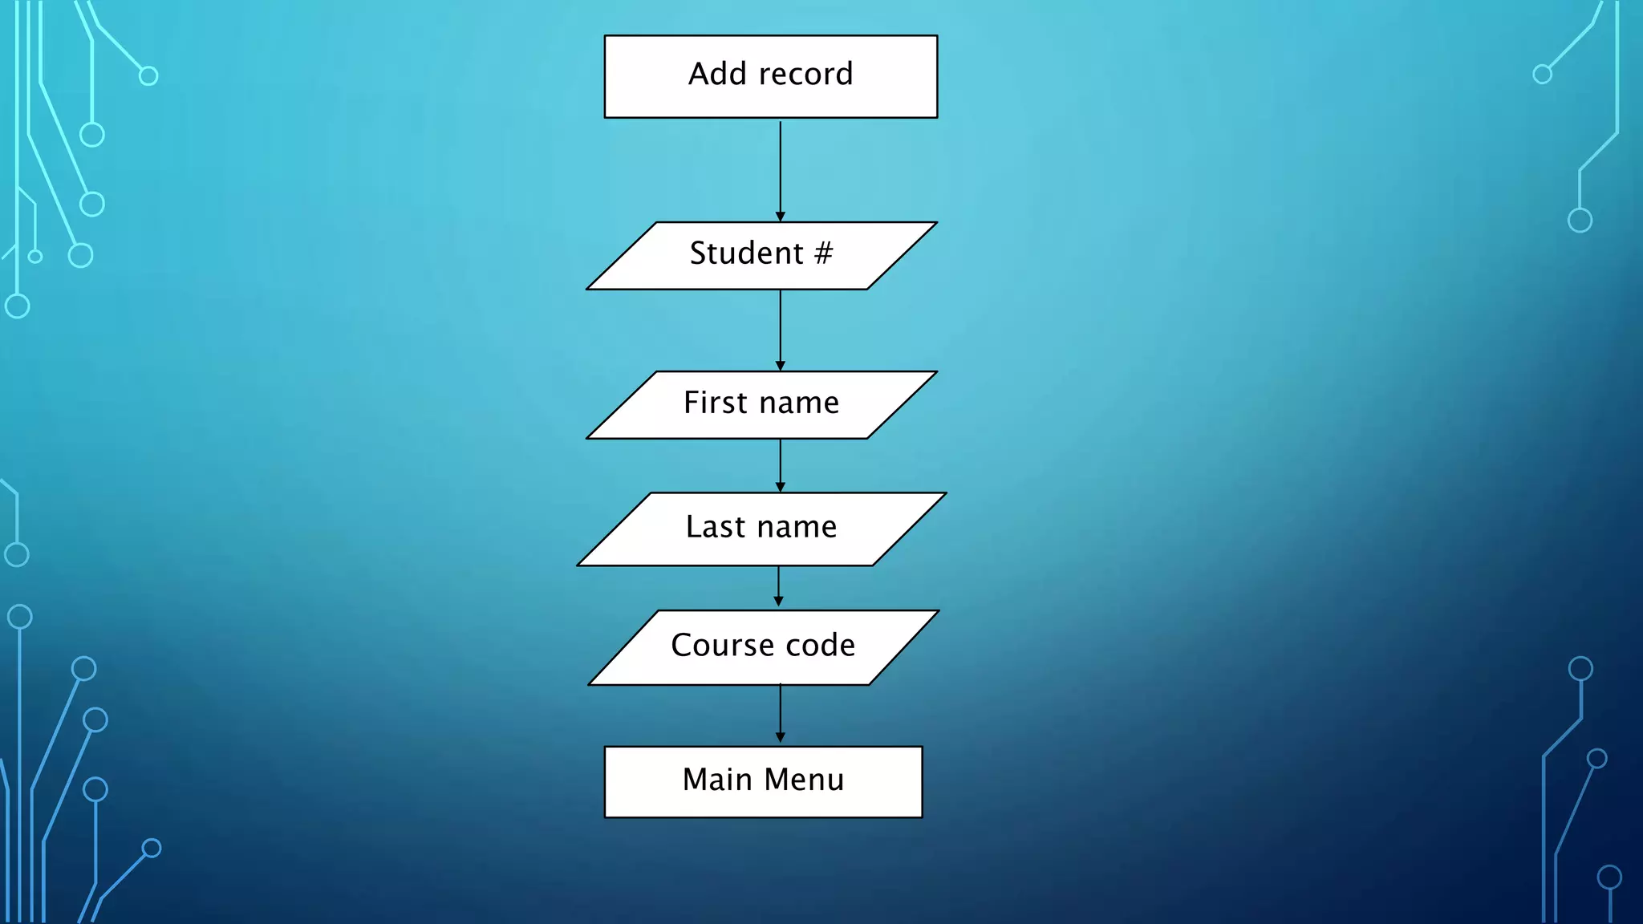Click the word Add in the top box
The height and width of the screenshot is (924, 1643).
point(717,74)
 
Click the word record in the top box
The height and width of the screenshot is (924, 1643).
point(805,75)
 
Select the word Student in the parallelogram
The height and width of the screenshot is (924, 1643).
point(746,253)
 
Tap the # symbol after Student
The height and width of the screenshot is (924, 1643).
point(823,253)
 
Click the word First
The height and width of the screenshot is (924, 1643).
point(715,403)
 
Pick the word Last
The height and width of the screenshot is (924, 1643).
point(716,527)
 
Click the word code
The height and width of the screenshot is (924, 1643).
point(820,645)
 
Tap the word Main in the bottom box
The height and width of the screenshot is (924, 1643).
point(716,780)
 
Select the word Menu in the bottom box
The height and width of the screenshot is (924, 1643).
point(804,780)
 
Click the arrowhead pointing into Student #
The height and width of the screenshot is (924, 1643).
point(780,217)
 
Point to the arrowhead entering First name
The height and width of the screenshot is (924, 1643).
point(780,366)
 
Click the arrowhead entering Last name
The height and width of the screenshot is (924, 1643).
point(780,487)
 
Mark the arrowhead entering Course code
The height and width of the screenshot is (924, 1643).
point(778,602)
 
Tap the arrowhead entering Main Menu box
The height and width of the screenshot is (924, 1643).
point(780,737)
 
